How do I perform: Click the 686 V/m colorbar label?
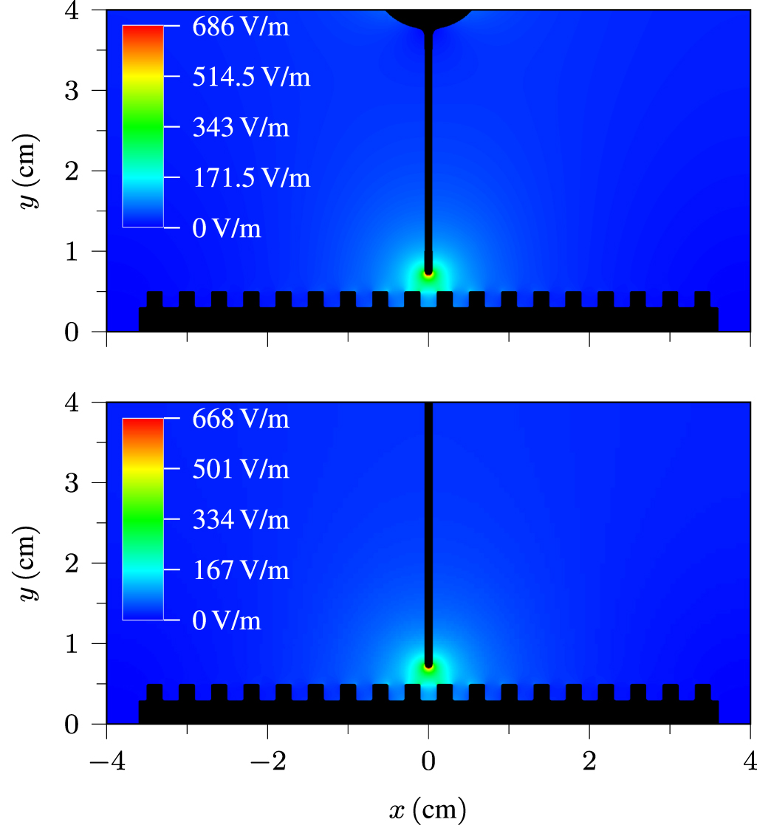(x=241, y=28)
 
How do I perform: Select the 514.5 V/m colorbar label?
(x=251, y=78)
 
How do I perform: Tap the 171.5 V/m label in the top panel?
(x=251, y=179)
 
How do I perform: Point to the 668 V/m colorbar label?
(x=241, y=420)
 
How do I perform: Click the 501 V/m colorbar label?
(x=241, y=470)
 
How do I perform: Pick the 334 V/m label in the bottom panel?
(x=241, y=520)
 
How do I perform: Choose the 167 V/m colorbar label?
(x=241, y=570)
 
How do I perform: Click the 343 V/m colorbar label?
(x=241, y=128)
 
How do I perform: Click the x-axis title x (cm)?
(x=428, y=810)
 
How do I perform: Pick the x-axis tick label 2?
(x=589, y=761)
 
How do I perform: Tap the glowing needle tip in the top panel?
(x=428, y=274)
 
